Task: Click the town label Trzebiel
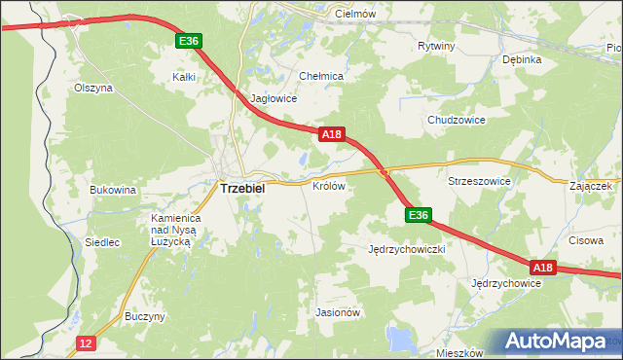pos(242,189)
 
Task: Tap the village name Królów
pos(329,185)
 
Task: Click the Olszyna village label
pos(93,87)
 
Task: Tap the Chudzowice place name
pos(456,120)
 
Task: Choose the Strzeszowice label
pos(479,181)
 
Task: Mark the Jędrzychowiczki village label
pos(407,249)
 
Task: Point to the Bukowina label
pos(112,190)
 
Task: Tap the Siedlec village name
pos(102,242)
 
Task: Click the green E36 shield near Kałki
pos(189,41)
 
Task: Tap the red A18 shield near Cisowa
pos(542,267)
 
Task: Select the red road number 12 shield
pos(87,342)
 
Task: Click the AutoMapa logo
pos(559,342)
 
